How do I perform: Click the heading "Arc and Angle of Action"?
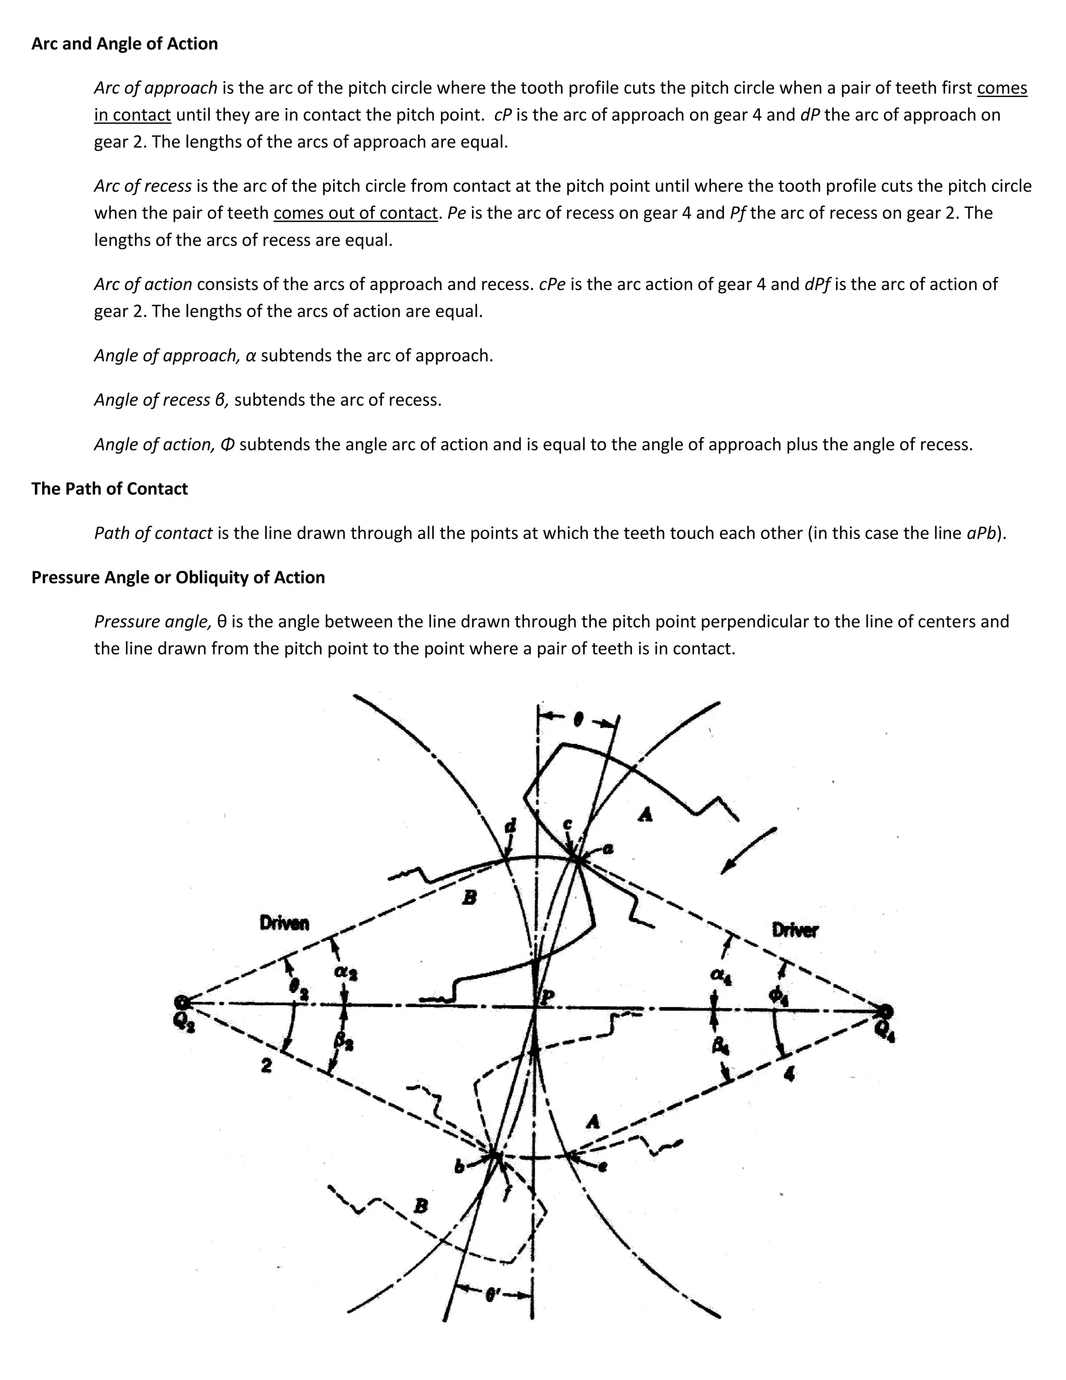(124, 44)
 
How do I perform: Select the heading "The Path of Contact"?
(109, 488)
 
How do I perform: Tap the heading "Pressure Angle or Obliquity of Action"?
(178, 577)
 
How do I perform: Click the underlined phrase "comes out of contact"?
(356, 213)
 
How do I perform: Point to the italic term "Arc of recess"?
(143, 186)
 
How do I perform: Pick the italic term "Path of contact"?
(154, 533)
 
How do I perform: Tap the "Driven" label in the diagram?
(284, 923)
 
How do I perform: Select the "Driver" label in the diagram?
(794, 930)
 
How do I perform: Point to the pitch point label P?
(548, 996)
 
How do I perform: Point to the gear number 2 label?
(266, 1065)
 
